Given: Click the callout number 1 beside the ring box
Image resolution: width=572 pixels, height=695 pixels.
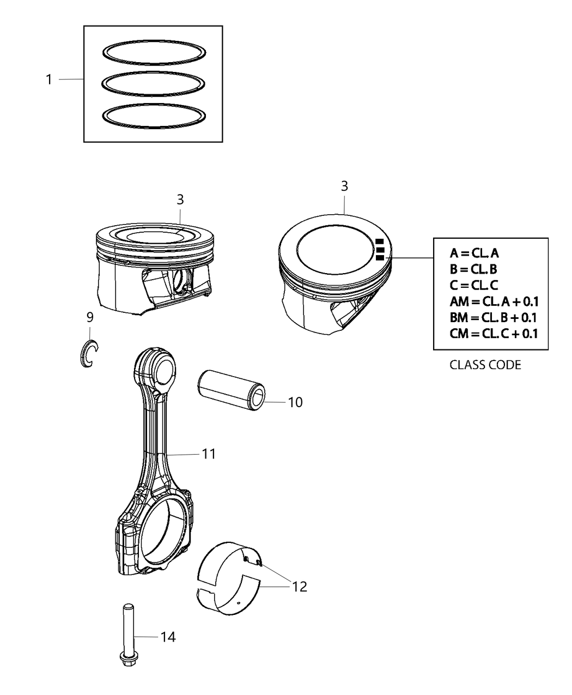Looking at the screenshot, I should click(x=48, y=80).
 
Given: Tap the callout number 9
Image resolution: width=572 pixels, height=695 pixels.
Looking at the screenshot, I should click(x=90, y=317).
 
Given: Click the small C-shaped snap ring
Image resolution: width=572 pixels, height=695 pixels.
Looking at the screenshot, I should click(x=87, y=353).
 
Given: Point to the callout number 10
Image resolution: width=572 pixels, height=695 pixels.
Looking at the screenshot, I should click(x=295, y=403).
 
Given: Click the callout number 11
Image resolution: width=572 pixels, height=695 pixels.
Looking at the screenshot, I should click(x=209, y=454).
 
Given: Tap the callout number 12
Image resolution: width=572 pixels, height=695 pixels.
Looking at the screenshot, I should click(x=299, y=587).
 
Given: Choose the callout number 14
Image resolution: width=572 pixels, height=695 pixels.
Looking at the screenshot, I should click(x=168, y=637).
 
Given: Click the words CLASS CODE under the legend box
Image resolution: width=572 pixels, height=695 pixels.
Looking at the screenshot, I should click(x=485, y=365).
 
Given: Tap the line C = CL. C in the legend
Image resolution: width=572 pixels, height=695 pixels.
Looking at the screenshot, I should click(x=474, y=285).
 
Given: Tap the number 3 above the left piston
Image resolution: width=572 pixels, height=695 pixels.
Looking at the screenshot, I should click(x=180, y=200).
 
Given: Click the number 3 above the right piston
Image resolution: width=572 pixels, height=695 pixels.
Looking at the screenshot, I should click(x=344, y=186).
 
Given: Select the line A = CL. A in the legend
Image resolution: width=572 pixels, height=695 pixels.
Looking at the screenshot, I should click(x=474, y=253).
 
